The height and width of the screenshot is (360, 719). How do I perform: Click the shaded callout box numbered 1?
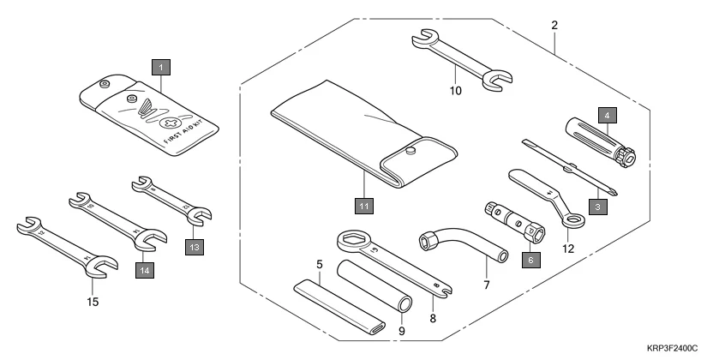click(x=160, y=65)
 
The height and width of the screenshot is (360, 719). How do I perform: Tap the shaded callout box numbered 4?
click(x=605, y=114)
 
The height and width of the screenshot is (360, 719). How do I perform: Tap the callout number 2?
click(x=554, y=25)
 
